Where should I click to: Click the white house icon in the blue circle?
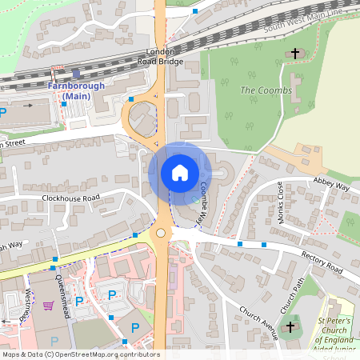[x=180, y=172]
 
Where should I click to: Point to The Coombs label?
[x=260, y=90]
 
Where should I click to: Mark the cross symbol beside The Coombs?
[x=295, y=54]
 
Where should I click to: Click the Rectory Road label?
[x=322, y=260]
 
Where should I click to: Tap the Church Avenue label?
[x=257, y=321]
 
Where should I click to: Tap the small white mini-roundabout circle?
[x=161, y=233]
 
